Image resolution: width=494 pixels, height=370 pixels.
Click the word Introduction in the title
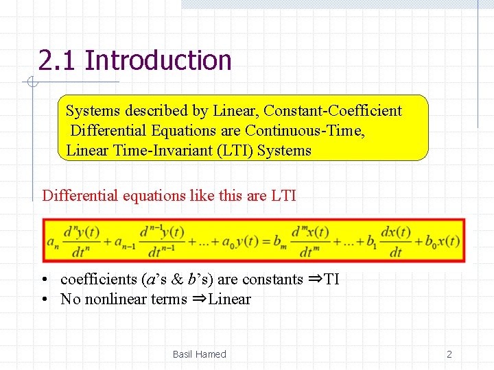coord(158,60)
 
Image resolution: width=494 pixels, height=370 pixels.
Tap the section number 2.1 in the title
coord(58,60)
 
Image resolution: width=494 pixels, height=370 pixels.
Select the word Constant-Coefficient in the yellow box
coord(333,111)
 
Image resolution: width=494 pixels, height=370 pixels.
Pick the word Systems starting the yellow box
coord(92,111)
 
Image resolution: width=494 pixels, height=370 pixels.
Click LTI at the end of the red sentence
coord(283,196)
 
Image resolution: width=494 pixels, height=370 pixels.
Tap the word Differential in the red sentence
coord(80,196)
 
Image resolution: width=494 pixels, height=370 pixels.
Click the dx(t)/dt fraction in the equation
coord(395,241)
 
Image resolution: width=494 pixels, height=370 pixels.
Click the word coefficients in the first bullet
coord(99,280)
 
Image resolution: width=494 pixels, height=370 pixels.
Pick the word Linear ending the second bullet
coord(230,299)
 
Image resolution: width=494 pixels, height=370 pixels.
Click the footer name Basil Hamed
coord(199,354)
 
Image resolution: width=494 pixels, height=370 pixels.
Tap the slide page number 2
coord(449,354)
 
